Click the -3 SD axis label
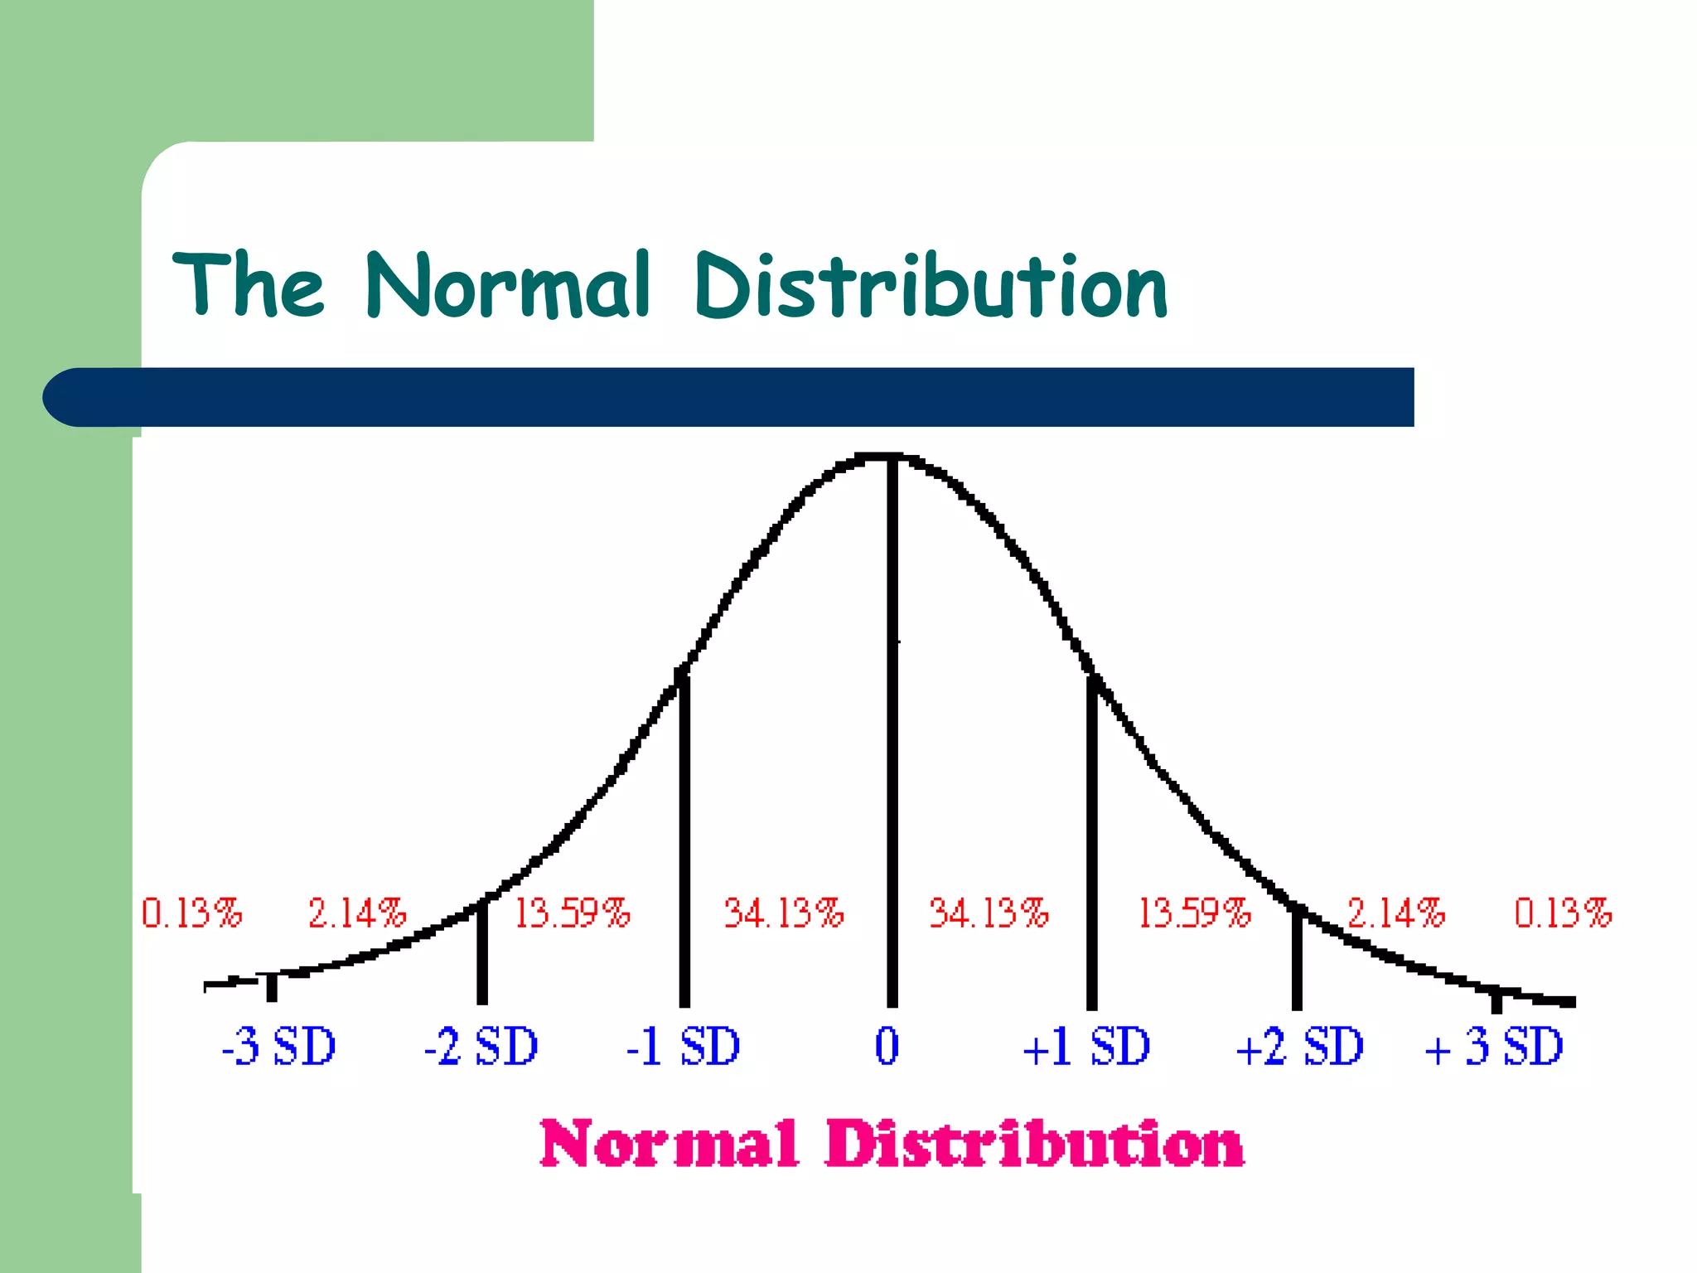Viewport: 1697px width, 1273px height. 278,1046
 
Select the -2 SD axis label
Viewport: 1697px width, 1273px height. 481,1046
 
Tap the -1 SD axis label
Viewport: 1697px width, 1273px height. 683,1046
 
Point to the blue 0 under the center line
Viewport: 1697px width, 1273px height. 887,1046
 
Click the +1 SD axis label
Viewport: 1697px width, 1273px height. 1086,1046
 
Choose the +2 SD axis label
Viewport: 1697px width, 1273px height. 1299,1046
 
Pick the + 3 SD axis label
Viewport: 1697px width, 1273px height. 1493,1046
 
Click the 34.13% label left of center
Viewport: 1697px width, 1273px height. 784,913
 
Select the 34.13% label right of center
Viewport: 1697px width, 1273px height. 989,913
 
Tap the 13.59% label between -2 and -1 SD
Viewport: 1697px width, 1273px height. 572,913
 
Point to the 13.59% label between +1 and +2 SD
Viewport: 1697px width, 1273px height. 1194,913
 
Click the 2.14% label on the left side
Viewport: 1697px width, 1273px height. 357,913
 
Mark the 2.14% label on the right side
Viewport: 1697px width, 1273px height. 1395,913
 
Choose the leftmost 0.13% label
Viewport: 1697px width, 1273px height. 191,913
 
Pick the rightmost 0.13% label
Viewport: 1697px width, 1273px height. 1563,913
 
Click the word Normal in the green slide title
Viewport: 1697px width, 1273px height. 507,286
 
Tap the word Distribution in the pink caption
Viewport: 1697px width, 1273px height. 1034,1145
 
